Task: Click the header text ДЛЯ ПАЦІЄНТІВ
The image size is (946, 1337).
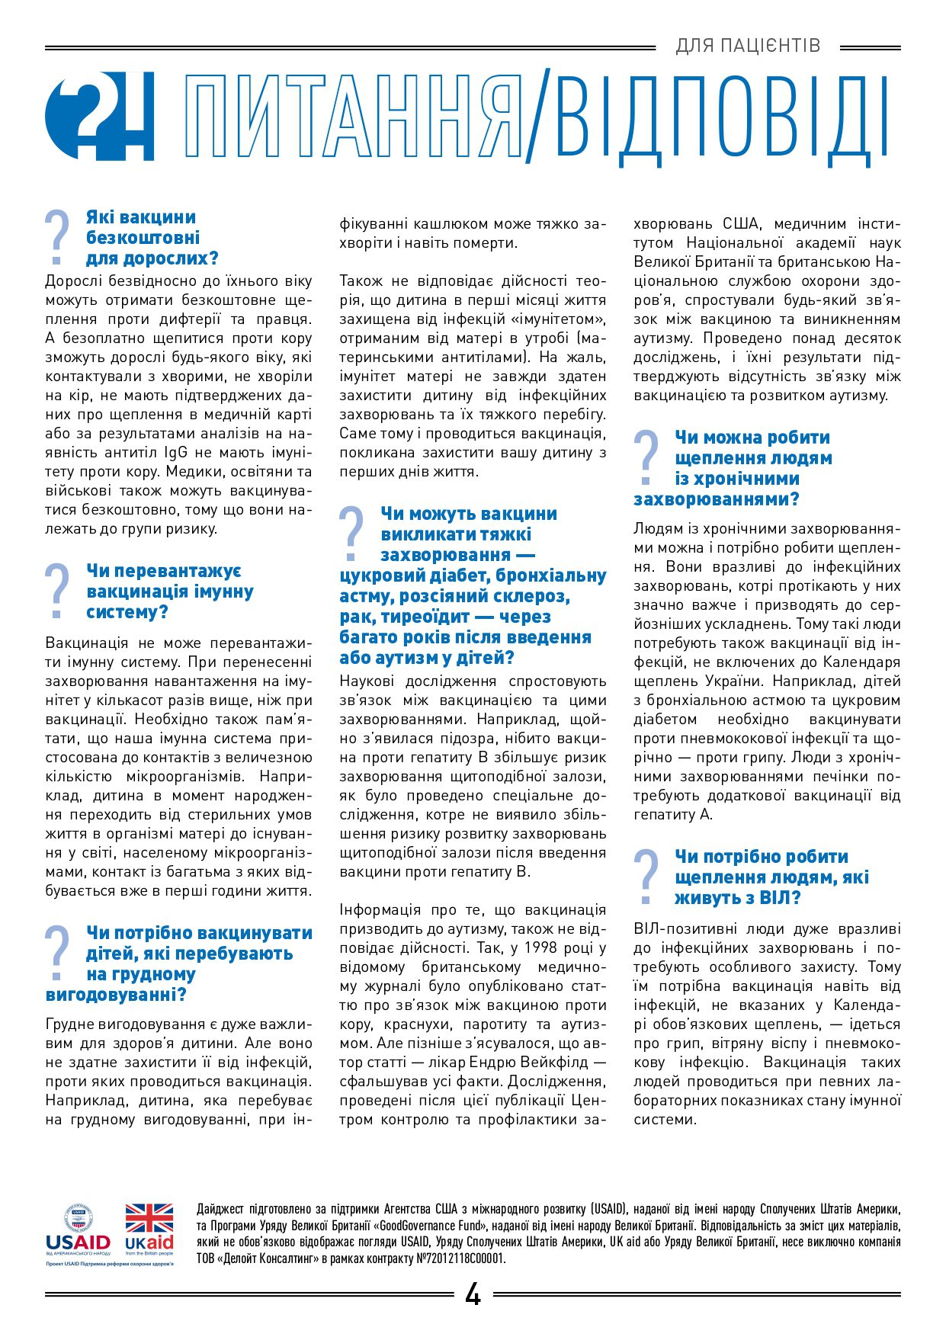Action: point(748,46)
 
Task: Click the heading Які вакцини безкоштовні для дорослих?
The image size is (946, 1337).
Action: point(152,238)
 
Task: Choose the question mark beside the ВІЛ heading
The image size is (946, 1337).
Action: point(646,877)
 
